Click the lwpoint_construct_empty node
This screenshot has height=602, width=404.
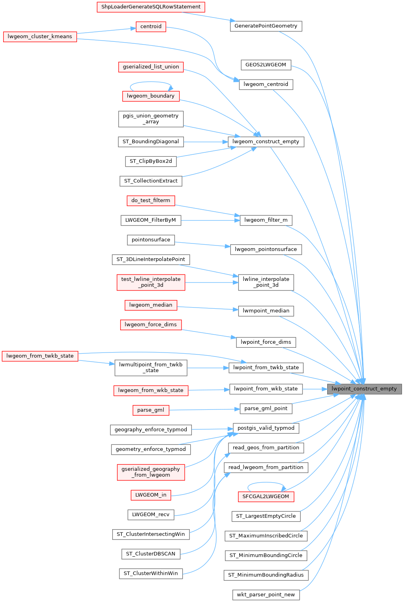364,389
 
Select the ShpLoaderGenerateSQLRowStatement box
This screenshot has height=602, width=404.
151,7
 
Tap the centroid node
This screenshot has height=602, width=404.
151,27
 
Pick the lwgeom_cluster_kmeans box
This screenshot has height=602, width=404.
40,37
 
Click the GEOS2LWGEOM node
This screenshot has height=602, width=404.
265,65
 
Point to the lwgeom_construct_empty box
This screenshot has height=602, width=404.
266,142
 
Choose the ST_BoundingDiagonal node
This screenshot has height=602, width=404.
151,142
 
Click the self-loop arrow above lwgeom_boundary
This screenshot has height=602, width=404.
151,82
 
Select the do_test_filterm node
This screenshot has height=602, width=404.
150,201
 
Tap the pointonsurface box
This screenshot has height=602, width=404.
151,240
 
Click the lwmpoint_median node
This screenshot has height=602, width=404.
266,311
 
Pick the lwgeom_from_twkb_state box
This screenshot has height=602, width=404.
40,356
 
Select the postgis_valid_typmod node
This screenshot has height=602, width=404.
266,428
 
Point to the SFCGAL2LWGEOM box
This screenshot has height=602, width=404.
265,497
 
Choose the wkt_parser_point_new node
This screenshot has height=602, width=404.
266,595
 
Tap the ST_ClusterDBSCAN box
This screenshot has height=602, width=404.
150,554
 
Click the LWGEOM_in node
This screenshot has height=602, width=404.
151,495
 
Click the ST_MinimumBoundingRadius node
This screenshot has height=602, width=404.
266,575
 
